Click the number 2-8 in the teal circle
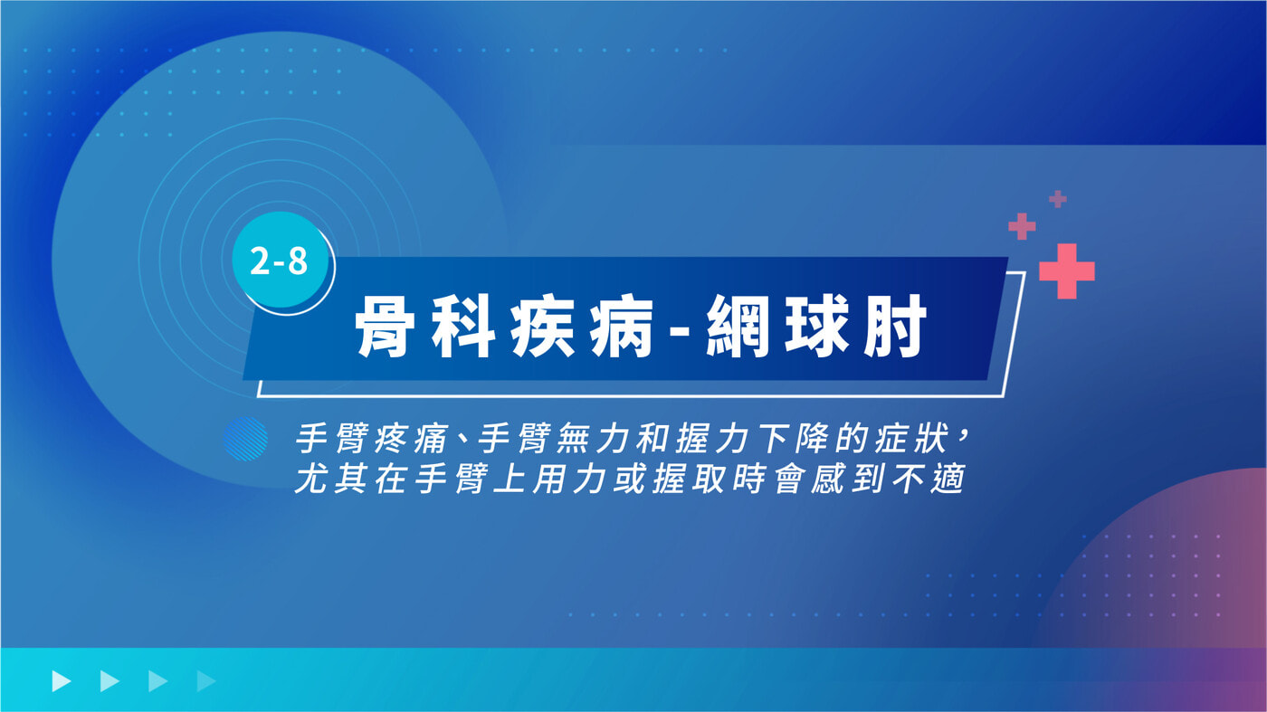(279, 261)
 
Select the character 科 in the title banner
(463, 327)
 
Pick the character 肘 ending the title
(895, 327)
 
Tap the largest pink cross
(1067, 271)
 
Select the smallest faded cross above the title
(1058, 199)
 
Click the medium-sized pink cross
(1022, 227)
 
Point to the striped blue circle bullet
(245, 439)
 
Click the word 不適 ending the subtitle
(929, 479)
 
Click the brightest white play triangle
(62, 681)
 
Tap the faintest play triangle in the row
(206, 681)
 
